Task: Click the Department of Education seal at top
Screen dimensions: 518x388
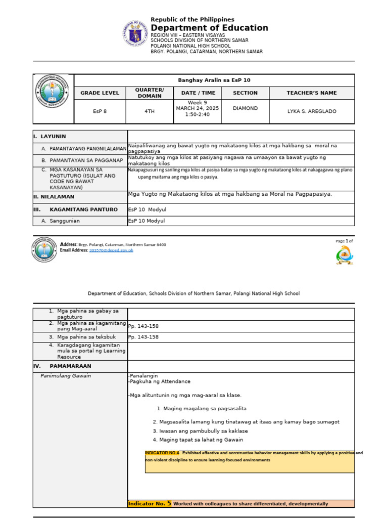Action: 135,35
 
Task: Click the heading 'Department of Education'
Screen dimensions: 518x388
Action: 209,28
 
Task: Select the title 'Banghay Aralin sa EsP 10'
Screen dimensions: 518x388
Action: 214,80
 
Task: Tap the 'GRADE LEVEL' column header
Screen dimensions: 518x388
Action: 100,93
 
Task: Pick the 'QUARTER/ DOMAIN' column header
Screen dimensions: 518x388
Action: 150,93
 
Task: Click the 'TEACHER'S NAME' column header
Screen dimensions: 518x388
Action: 312,93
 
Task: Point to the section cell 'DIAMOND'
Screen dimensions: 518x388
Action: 245,108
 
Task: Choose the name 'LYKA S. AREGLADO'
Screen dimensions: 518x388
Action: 312,111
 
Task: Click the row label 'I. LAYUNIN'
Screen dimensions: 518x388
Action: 50,137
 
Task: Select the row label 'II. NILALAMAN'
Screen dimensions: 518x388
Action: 54,197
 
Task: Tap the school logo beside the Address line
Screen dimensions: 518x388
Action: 45,249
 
